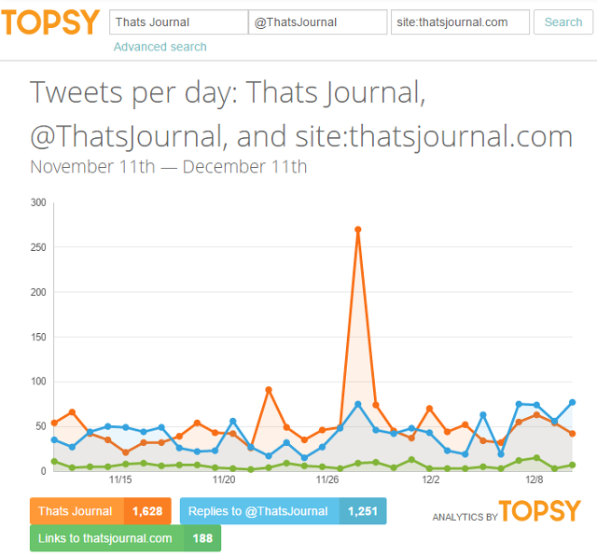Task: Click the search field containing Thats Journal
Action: [178, 22]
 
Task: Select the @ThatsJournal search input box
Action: [318, 22]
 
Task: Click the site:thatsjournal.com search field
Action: [459, 22]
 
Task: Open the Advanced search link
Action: [160, 47]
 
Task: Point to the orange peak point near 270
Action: [358, 229]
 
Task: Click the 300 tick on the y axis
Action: [38, 202]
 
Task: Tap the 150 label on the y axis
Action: [38, 337]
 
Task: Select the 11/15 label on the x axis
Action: [120, 481]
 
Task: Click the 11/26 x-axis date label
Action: [327, 481]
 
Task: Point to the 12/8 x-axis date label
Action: [535, 481]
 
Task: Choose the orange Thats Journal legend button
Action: [76, 511]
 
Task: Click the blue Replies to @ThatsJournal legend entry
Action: [258, 511]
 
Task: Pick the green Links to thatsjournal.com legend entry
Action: [106, 538]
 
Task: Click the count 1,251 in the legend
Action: [362, 511]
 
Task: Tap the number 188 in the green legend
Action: [201, 538]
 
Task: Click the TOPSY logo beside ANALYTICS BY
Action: [539, 511]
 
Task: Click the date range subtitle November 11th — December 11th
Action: [168, 167]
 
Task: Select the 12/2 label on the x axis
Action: [431, 481]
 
